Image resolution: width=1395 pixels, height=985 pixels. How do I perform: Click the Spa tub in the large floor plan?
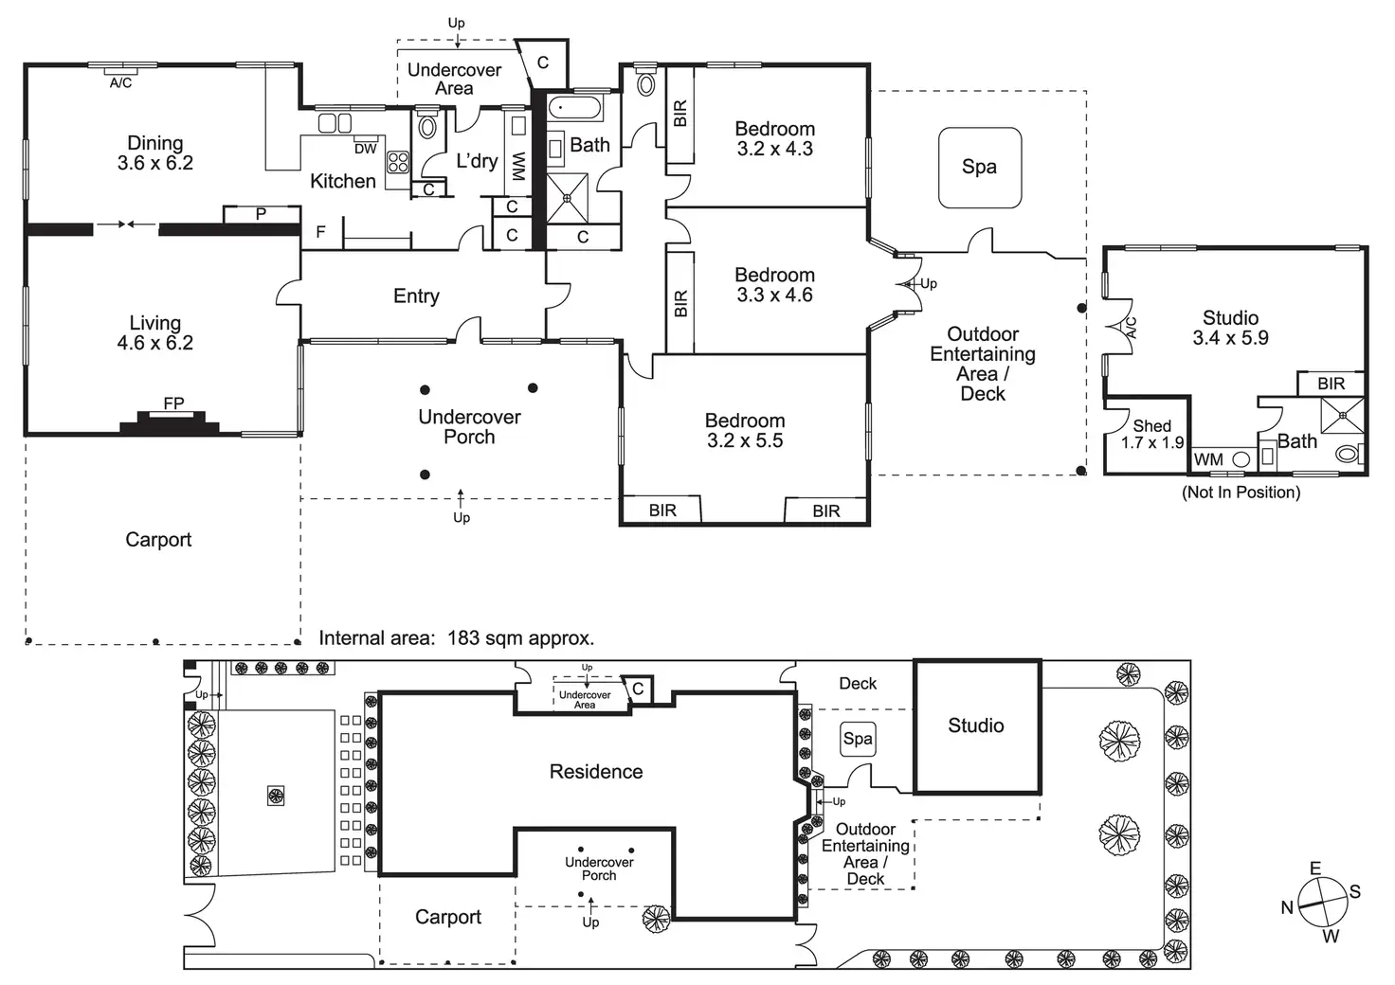tap(979, 167)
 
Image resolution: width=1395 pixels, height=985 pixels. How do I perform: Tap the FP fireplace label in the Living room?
tap(173, 403)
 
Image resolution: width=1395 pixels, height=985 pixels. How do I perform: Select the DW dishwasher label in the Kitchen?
tap(366, 149)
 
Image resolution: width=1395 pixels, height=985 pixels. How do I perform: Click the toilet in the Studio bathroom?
tap(1347, 455)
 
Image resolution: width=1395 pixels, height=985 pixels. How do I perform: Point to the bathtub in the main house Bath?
tap(575, 107)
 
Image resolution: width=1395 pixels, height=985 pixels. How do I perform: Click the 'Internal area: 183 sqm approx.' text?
tap(456, 638)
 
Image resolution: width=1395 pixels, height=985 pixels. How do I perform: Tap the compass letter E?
tap(1314, 869)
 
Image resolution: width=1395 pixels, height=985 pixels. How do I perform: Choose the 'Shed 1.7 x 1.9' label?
tap(1152, 434)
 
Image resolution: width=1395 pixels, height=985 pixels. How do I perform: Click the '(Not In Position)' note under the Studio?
tap(1241, 492)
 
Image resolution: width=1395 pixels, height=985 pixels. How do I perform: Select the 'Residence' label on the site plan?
tap(596, 772)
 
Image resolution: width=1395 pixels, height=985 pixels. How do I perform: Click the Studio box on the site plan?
tap(976, 725)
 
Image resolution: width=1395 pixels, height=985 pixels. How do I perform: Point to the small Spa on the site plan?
tap(858, 739)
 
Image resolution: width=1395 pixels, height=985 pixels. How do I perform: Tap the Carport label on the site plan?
tap(448, 917)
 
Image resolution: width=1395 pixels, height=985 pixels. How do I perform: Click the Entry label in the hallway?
tap(416, 296)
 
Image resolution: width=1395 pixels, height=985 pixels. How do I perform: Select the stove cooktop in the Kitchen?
tap(398, 162)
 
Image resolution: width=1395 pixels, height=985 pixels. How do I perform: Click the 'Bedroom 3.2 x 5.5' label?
tap(745, 430)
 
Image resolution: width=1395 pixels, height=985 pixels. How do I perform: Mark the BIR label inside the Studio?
tap(1332, 384)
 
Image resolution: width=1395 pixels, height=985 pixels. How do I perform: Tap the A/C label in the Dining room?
tap(120, 83)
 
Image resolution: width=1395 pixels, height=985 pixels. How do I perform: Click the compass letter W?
tap(1331, 936)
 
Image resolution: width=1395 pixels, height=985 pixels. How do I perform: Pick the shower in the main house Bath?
tap(568, 198)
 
